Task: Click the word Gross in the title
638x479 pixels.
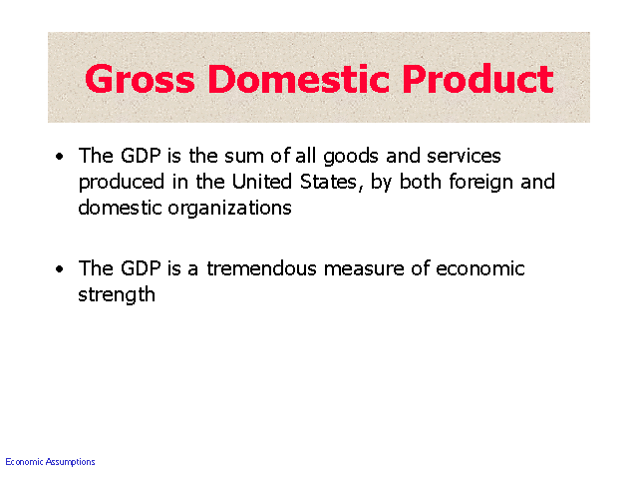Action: coord(140,79)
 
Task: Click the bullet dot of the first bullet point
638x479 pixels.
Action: coord(60,157)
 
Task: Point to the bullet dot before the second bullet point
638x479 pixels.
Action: coord(60,268)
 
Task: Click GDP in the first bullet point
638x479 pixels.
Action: coord(141,156)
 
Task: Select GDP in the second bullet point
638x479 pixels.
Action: coord(141,268)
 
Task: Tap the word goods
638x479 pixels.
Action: coord(351,158)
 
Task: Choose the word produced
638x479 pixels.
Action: coord(122,183)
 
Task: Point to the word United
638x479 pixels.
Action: coord(262,182)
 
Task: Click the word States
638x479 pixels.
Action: coord(330,183)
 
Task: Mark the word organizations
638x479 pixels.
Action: coord(229,209)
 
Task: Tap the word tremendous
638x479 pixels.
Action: coord(261,268)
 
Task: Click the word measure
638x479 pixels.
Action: coord(364,270)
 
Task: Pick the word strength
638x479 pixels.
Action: coord(117,295)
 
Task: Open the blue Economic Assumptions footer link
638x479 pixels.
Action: coord(50,462)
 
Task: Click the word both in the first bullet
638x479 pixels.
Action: coord(421,182)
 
